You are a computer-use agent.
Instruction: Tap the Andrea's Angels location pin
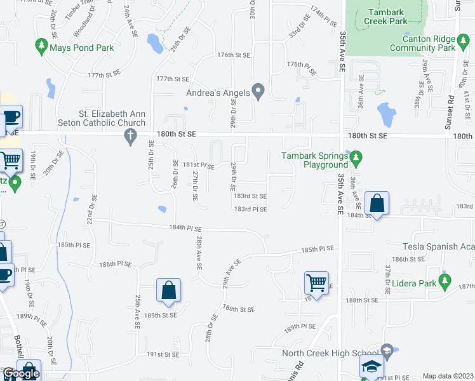pyautogui.click(x=258, y=93)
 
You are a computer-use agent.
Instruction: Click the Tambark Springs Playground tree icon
pyautogui.click(x=356, y=156)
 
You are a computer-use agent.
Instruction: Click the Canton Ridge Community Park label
pyautogui.click(x=422, y=43)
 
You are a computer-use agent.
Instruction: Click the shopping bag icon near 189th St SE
pyautogui.click(x=168, y=290)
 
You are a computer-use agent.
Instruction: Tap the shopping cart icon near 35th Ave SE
pyautogui.click(x=316, y=282)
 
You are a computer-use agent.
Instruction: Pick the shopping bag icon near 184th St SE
pyautogui.click(x=377, y=204)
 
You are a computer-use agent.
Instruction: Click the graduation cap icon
pyautogui.click(x=372, y=366)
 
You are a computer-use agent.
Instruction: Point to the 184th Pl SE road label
pyautogui.click(x=185, y=227)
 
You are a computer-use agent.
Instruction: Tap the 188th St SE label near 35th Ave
pyautogui.click(x=362, y=300)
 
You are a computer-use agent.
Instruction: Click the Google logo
pyautogui.click(x=21, y=373)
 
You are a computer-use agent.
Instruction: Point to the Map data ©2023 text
pyautogui.click(x=448, y=376)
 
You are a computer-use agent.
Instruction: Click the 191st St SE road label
pyautogui.click(x=163, y=354)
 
